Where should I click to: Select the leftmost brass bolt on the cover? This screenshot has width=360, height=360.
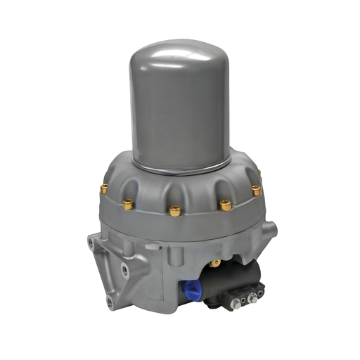point(104,188)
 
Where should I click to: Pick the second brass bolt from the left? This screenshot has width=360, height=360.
point(128,204)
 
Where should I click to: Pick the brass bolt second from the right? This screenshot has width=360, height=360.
point(225,205)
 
